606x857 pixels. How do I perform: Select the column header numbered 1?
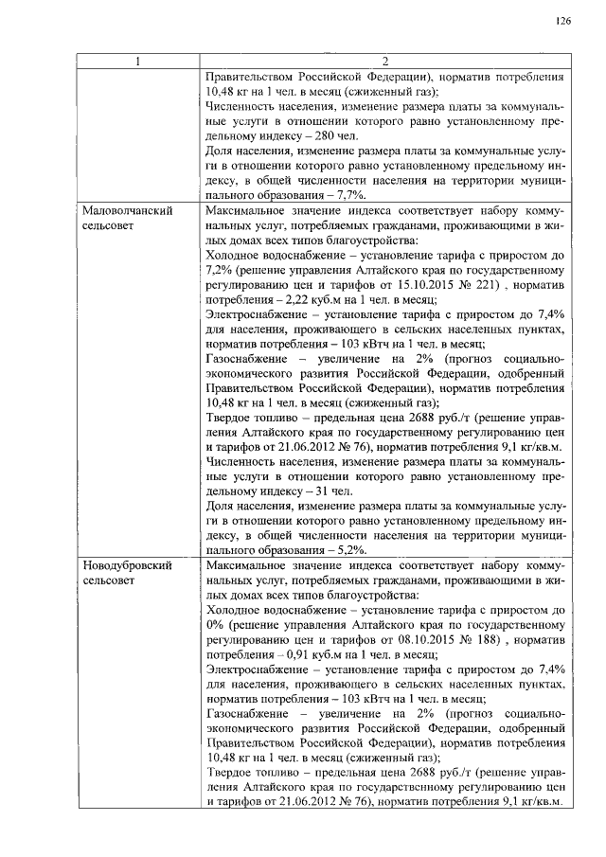coord(138,62)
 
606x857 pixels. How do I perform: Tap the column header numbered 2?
coord(385,62)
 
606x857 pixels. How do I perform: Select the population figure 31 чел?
coord(333,491)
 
